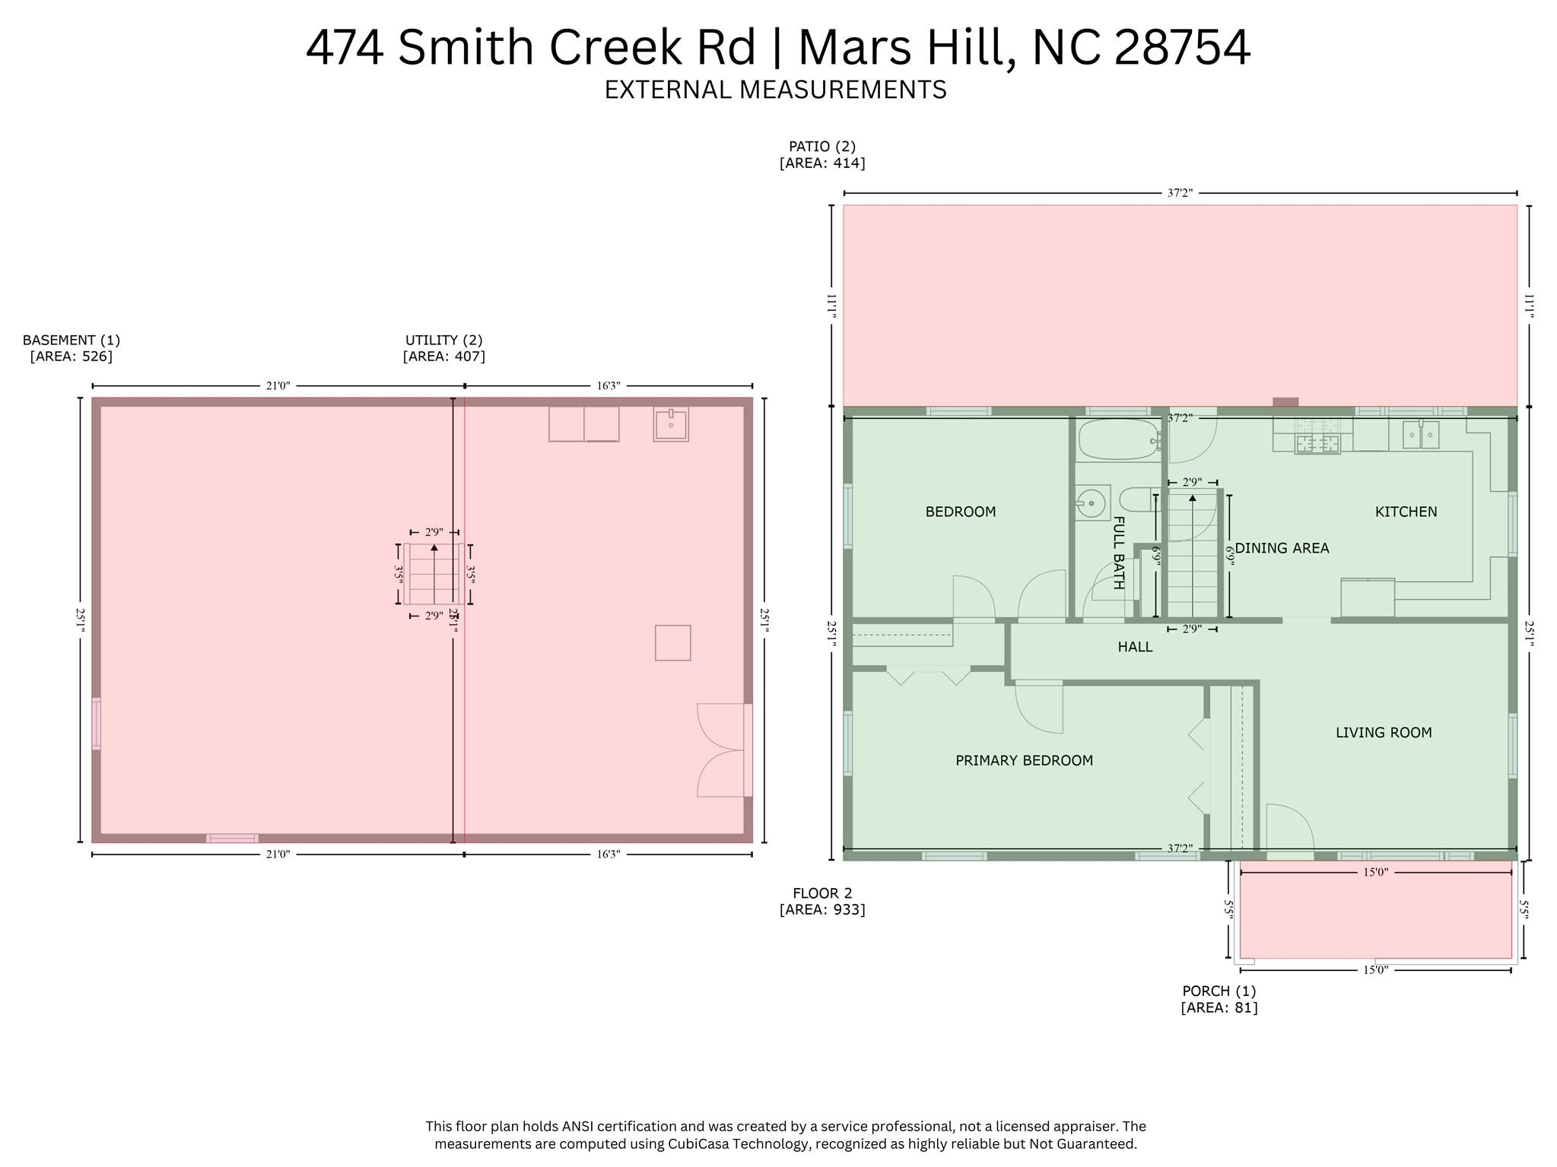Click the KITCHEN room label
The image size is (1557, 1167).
coord(1406,512)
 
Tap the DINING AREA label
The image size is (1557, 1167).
coord(1282,548)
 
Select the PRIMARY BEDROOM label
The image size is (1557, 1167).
coord(1024,760)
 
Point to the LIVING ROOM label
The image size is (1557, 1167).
coord(1384,733)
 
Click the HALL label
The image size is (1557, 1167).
coord(1135,647)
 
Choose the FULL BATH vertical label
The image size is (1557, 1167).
coord(1118,553)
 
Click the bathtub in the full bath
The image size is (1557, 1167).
coord(1117,440)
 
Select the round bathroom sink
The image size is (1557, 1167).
coord(1091,503)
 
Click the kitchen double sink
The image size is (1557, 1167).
coord(1420,435)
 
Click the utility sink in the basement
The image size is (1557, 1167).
coord(671,424)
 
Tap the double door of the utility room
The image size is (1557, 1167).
coord(721,750)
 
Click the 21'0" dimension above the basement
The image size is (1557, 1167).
coord(278,386)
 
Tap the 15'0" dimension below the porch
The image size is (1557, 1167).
coord(1375,970)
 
